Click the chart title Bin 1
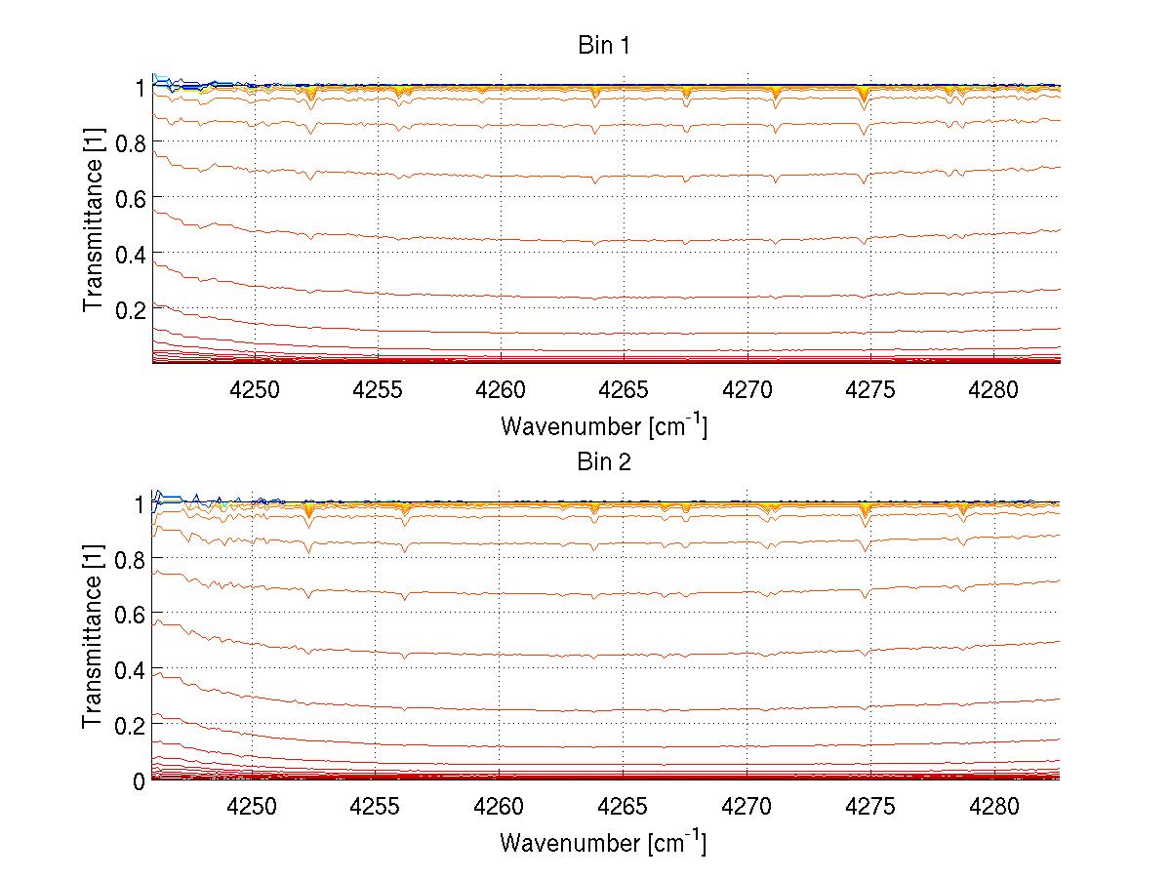point(604,46)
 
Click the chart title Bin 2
point(604,462)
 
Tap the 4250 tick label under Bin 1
point(254,390)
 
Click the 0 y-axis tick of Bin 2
point(140,780)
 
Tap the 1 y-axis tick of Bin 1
point(140,88)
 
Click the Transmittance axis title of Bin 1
point(94,222)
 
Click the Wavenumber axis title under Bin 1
point(604,426)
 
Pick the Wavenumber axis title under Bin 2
point(604,842)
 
